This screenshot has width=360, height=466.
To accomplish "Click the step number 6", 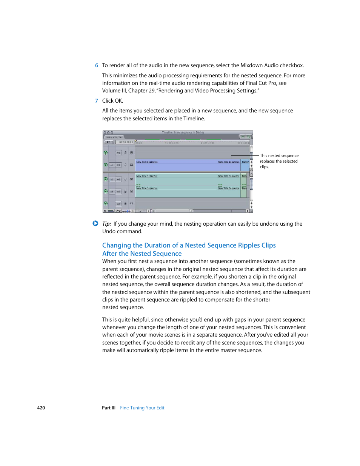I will [x=97, y=65].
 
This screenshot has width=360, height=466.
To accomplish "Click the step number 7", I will [x=97, y=101].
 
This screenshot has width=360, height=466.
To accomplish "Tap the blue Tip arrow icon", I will [x=95, y=223].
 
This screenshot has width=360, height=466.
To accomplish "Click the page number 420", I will [x=41, y=408].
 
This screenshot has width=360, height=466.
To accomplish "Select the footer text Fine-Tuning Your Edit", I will [x=142, y=408].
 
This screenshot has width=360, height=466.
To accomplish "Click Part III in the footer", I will [x=109, y=408].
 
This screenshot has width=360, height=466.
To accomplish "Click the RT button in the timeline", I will [x=109, y=142].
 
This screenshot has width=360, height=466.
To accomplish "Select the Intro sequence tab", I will [x=114, y=137].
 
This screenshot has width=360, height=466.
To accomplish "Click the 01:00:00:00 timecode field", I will [x=126, y=142].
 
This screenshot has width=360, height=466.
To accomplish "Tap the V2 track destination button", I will [x=118, y=153].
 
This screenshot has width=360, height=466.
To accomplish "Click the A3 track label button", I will [x=118, y=204].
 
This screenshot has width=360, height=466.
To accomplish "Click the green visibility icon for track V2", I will [x=106, y=153].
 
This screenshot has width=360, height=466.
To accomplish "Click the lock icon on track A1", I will [x=126, y=179].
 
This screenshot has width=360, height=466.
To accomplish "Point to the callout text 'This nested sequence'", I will [x=279, y=155].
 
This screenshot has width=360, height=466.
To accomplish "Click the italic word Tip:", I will [x=106, y=224].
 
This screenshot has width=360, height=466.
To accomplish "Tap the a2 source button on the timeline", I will [x=112, y=192].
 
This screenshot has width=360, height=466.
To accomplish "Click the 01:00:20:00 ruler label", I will [x=172, y=143].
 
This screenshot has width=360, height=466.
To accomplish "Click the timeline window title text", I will [x=183, y=132].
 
